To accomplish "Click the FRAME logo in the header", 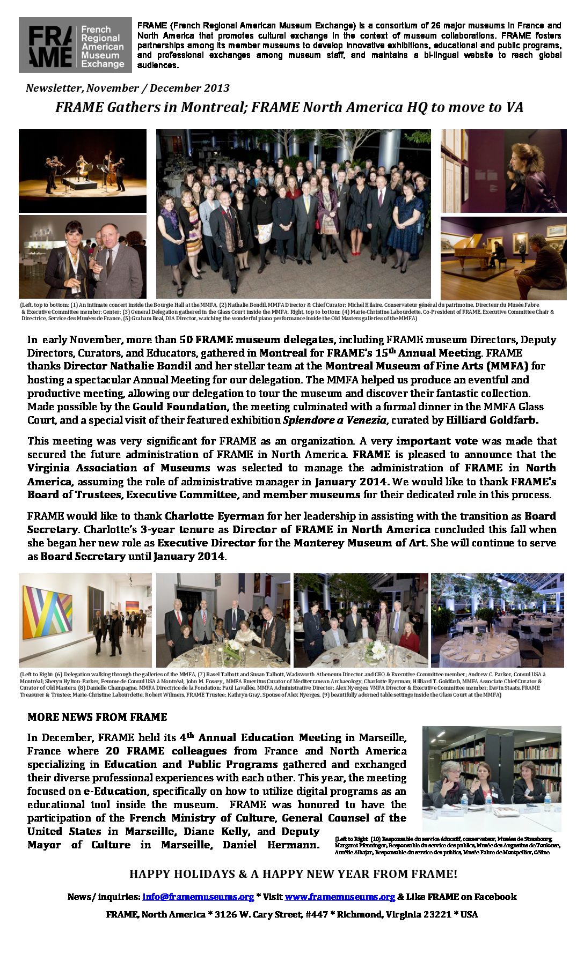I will point(75,45).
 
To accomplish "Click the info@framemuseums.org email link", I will point(198,897).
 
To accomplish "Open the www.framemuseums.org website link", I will point(339,897).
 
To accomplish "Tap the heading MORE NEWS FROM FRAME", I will point(97,717).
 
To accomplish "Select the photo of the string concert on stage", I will point(82,171).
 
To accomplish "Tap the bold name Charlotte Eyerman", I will point(214,516).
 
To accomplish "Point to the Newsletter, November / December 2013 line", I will point(127,88).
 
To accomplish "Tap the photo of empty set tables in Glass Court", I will point(497,620).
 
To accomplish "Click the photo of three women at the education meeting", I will point(491,779).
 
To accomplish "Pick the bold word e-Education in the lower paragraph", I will point(114,791).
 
